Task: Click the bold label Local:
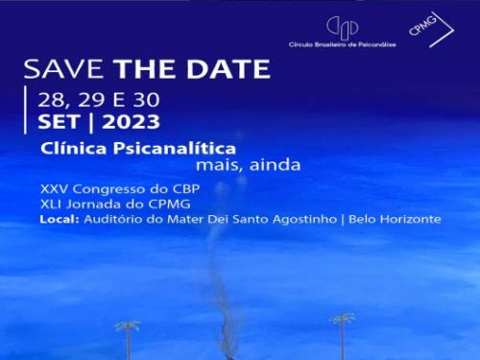click(59, 219)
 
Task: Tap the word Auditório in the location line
click(112, 219)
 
